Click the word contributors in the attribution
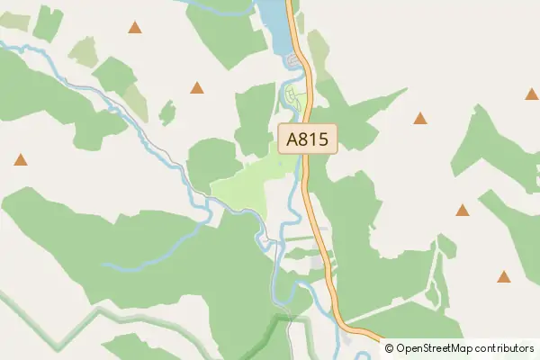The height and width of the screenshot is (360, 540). tap(506, 348)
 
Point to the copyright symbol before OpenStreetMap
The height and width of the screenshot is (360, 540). tap(390, 348)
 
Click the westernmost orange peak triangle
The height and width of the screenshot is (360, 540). tap(21, 160)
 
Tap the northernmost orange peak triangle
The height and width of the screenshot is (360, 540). tap(135, 28)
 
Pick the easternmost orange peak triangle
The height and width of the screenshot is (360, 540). tap(531, 94)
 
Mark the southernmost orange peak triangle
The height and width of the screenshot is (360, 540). tap(504, 277)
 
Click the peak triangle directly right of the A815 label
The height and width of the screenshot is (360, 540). tap(420, 118)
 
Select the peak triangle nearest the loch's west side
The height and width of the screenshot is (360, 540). tap(196, 88)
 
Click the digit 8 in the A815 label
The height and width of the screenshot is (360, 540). tap(311, 139)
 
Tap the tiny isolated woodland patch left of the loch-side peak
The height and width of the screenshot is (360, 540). tap(166, 113)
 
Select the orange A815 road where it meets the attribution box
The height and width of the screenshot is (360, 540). tap(377, 341)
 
